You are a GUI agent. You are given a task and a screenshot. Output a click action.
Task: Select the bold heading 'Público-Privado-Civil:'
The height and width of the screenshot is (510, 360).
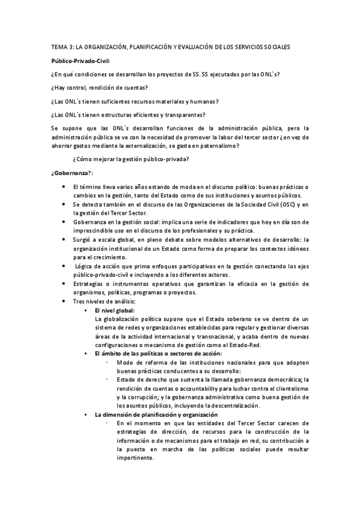81,61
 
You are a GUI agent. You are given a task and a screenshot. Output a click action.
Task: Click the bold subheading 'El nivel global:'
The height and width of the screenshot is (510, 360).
115,310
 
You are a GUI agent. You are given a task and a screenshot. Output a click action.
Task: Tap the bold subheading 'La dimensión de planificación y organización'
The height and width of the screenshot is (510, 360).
155,415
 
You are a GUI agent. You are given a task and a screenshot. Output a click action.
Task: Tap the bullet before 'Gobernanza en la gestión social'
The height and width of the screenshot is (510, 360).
64,222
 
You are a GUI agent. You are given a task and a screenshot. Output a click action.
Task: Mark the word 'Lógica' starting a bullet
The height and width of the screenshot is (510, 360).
85,266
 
